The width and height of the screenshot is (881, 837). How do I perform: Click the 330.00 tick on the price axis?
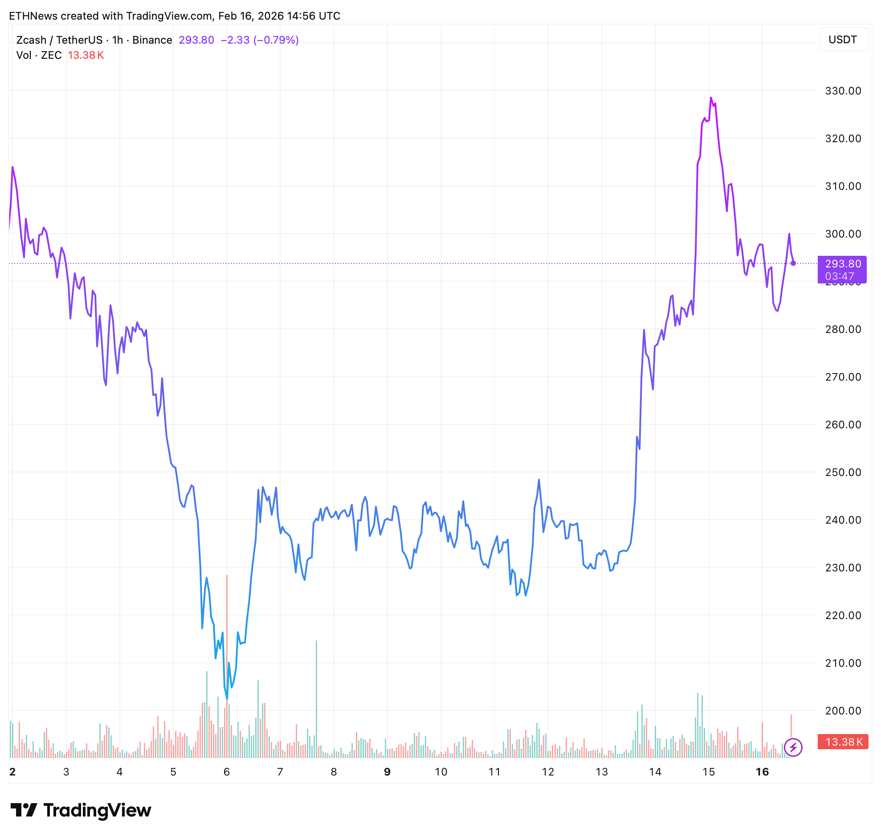(843, 91)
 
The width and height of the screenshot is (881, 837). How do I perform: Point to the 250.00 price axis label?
(843, 472)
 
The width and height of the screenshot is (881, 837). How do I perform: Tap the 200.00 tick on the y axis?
(843, 711)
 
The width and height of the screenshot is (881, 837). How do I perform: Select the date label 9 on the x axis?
(387, 772)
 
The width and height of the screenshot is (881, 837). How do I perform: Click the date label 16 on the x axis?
(762, 772)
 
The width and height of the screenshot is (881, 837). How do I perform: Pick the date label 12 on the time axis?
(547, 772)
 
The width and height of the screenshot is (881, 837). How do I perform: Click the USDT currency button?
(843, 40)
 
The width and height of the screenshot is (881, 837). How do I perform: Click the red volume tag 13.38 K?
(843, 742)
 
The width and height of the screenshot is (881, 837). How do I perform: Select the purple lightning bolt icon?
(793, 747)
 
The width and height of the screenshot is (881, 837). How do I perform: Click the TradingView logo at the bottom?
(81, 810)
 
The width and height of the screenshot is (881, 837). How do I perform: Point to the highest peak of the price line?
(711, 98)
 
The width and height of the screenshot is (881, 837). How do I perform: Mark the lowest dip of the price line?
(227, 699)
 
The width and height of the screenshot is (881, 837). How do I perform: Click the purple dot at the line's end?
(793, 263)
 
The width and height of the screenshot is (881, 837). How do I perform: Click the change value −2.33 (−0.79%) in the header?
(260, 40)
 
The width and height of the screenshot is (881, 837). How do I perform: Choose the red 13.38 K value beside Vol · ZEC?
(86, 55)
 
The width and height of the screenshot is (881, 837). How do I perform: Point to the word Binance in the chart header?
(152, 40)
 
